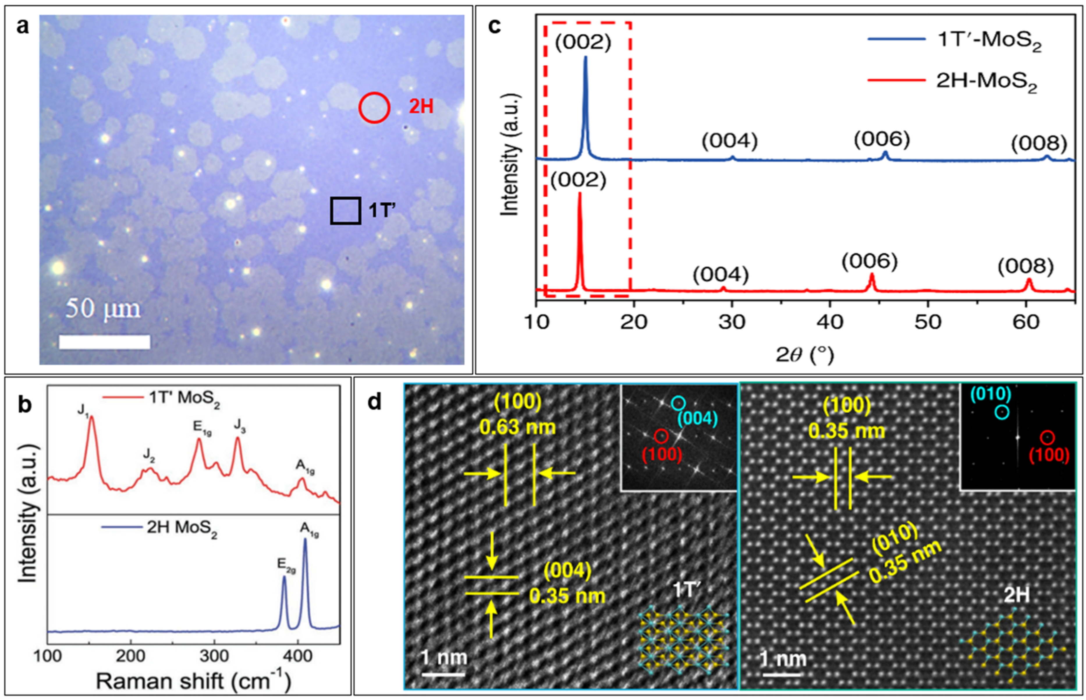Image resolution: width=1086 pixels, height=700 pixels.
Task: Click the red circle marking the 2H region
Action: pyautogui.click(x=374, y=108)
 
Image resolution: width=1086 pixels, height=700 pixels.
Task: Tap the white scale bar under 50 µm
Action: pyautogui.click(x=104, y=342)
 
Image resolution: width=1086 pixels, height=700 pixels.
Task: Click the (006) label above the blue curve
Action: pyautogui.click(x=882, y=139)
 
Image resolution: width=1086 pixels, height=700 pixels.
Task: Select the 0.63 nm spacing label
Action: pyautogui.click(x=518, y=427)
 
